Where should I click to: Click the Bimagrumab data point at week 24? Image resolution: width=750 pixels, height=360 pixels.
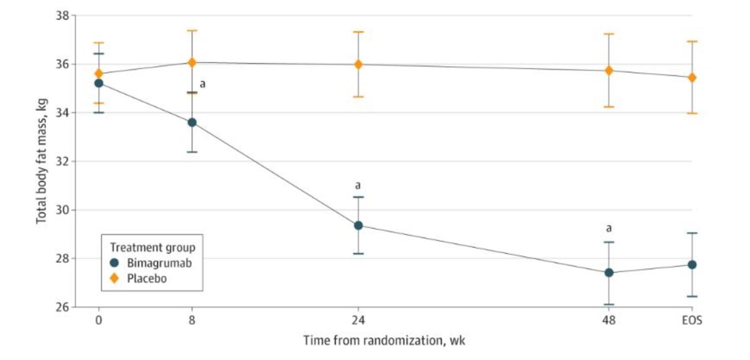point(358,225)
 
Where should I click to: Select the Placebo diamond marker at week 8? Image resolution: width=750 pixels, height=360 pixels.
point(192,63)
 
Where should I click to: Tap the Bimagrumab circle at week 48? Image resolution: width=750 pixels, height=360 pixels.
point(609,272)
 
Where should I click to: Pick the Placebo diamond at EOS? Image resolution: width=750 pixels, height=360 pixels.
point(692,78)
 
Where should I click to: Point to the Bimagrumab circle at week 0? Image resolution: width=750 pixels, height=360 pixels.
point(98,83)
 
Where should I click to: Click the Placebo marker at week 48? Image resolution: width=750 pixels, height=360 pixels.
point(609,70)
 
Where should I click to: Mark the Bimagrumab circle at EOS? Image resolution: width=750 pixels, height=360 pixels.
point(692,265)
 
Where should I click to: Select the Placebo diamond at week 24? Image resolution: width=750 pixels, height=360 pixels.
point(358,65)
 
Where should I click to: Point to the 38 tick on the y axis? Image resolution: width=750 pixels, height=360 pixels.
point(63,16)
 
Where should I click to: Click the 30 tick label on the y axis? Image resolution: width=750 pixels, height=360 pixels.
point(63,210)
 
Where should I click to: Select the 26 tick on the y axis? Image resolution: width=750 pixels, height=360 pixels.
point(63,307)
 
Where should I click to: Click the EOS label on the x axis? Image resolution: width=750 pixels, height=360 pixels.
point(692,321)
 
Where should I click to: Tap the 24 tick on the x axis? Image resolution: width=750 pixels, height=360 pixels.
point(358,321)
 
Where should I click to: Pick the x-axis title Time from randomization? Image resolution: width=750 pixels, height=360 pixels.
point(384,341)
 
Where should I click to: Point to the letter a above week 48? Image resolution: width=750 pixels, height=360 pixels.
point(608,228)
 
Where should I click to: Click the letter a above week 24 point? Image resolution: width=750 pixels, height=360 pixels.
point(358,185)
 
